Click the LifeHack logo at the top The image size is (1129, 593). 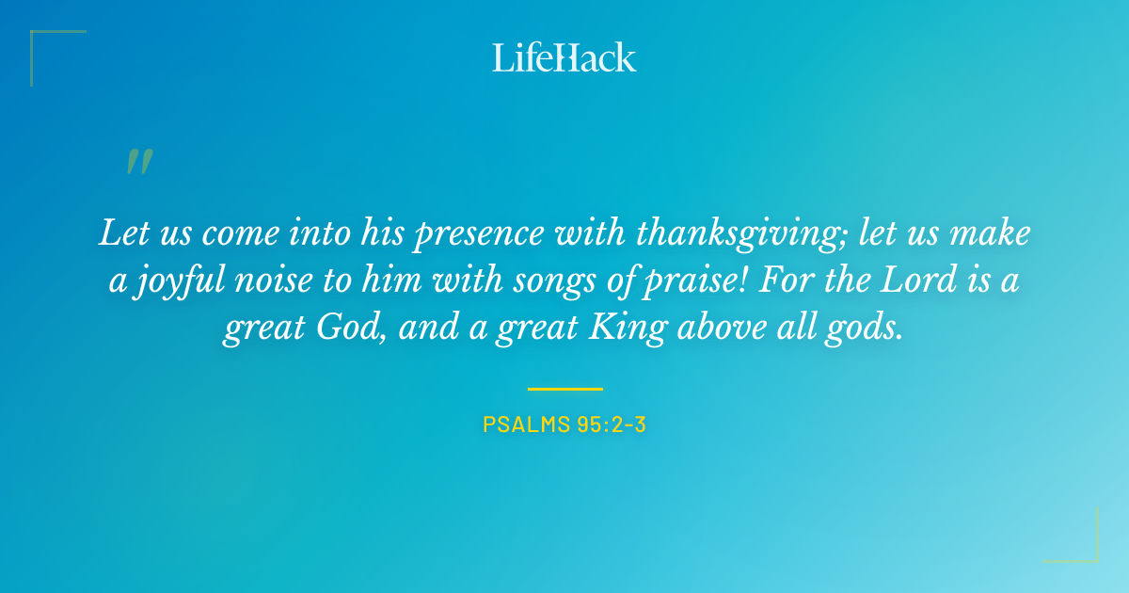[564, 57]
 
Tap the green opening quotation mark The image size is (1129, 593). [138, 163]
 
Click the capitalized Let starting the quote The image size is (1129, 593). [121, 233]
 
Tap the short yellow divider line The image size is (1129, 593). [564, 388]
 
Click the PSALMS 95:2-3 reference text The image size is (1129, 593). [564, 425]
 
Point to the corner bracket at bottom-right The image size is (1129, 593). [1082, 548]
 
